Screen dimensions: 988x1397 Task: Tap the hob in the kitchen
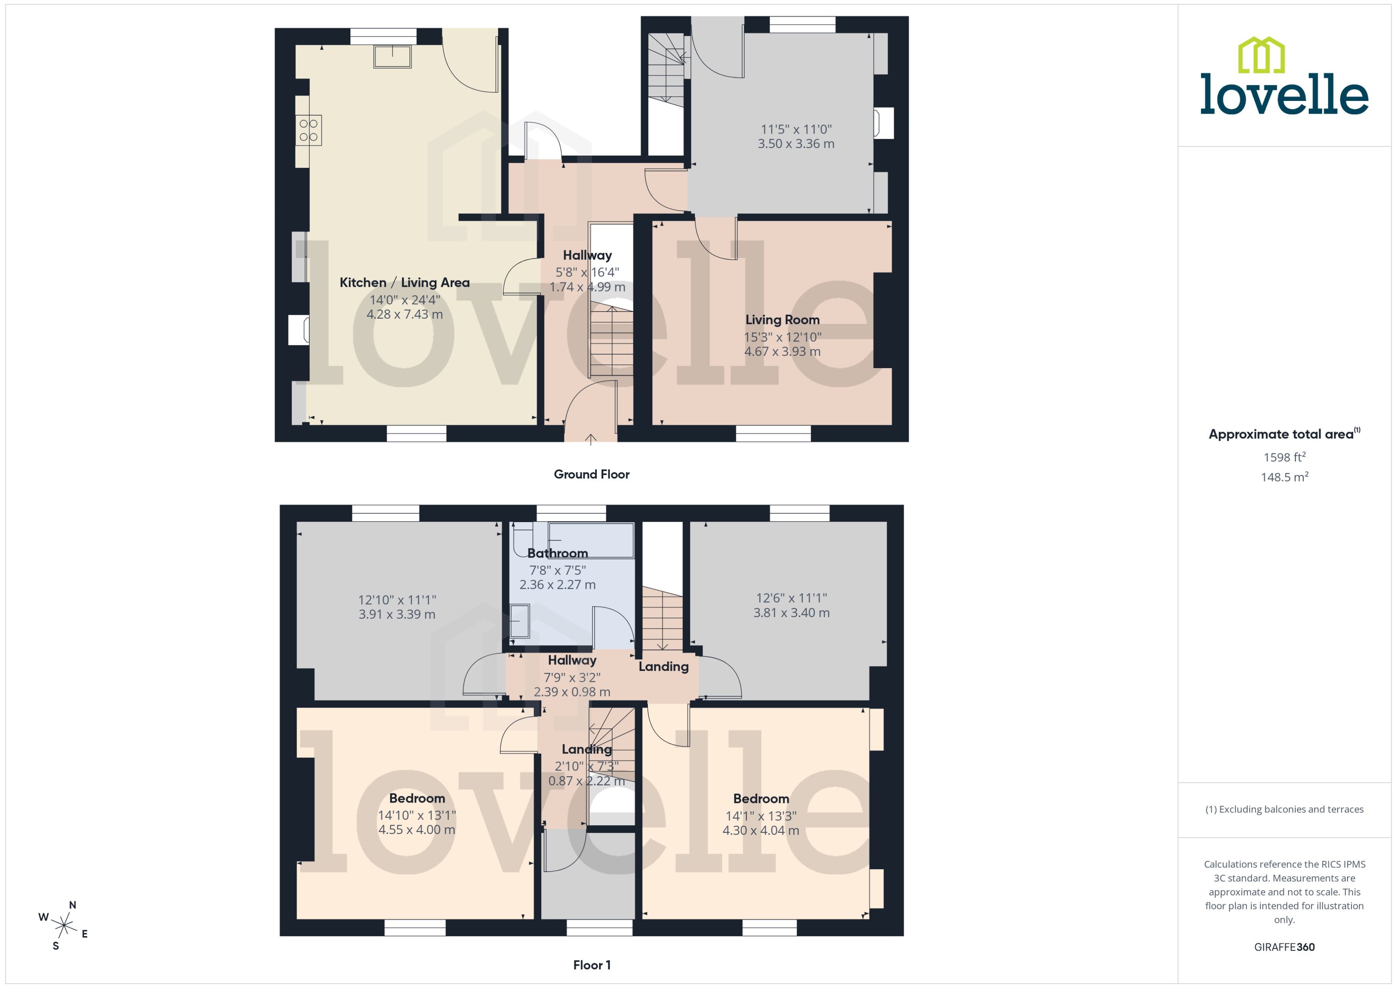coord(309,130)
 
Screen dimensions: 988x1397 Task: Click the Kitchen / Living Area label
coord(404,282)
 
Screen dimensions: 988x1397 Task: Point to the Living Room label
coord(782,319)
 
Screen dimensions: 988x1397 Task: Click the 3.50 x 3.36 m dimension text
coord(795,144)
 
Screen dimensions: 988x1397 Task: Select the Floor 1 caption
coord(591,965)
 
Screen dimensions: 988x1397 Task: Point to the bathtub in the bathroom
coord(590,540)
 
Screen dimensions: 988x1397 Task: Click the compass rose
coord(64,926)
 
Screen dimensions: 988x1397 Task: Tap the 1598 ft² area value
coord(1284,457)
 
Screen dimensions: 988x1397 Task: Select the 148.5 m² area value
coord(1284,477)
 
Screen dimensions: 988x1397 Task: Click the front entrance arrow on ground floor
coord(590,439)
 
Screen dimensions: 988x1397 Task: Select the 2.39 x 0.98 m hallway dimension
coord(572,692)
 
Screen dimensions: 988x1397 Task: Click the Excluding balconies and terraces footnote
coord(1284,809)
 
